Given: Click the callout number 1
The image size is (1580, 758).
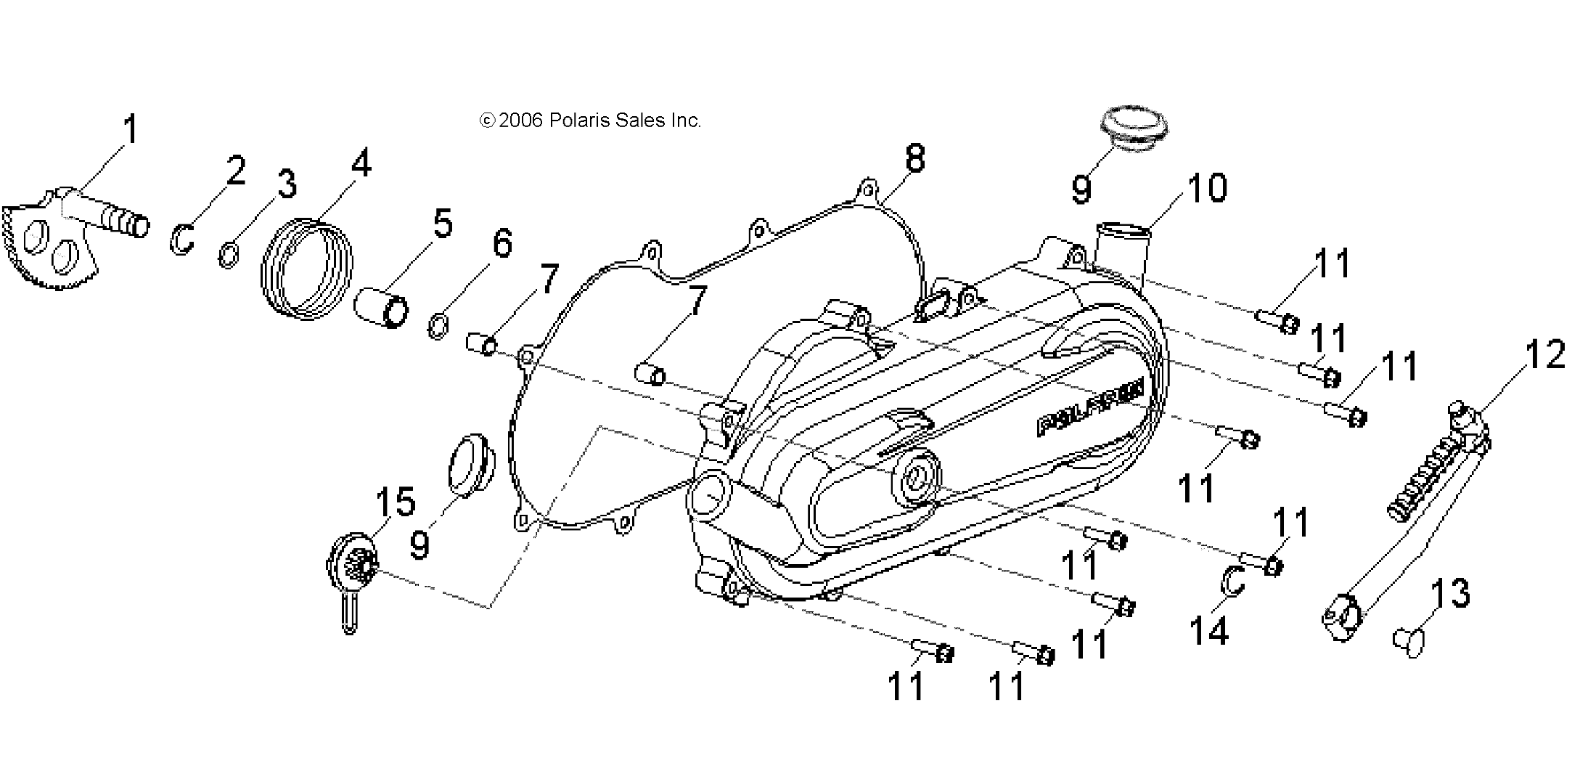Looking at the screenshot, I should pos(130,131).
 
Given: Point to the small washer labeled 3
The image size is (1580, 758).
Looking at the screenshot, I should pos(228,256).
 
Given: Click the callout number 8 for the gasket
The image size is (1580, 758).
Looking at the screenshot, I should pos(915,158).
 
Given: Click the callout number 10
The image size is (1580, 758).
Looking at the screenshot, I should pos(1206,188).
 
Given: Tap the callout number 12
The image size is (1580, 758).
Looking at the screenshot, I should pos(1544,356).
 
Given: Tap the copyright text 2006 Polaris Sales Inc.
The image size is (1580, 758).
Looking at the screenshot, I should pos(590,121).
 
